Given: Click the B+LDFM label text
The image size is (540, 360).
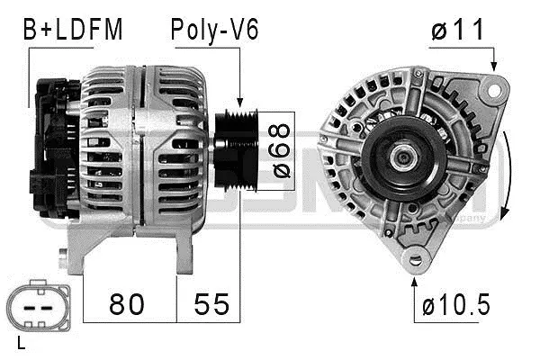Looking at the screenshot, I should (x=71, y=31).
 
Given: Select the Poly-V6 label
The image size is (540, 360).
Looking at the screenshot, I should (x=214, y=31).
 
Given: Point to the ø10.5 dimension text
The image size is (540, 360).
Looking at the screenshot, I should (x=456, y=305).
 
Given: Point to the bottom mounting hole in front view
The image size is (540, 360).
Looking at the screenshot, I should (x=415, y=261).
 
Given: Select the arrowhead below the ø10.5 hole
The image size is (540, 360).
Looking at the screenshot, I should (x=415, y=279).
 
